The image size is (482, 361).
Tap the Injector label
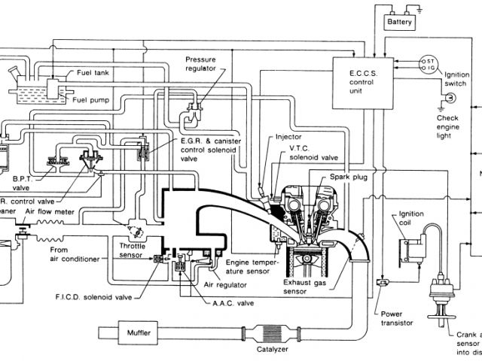click(x=290, y=137)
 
